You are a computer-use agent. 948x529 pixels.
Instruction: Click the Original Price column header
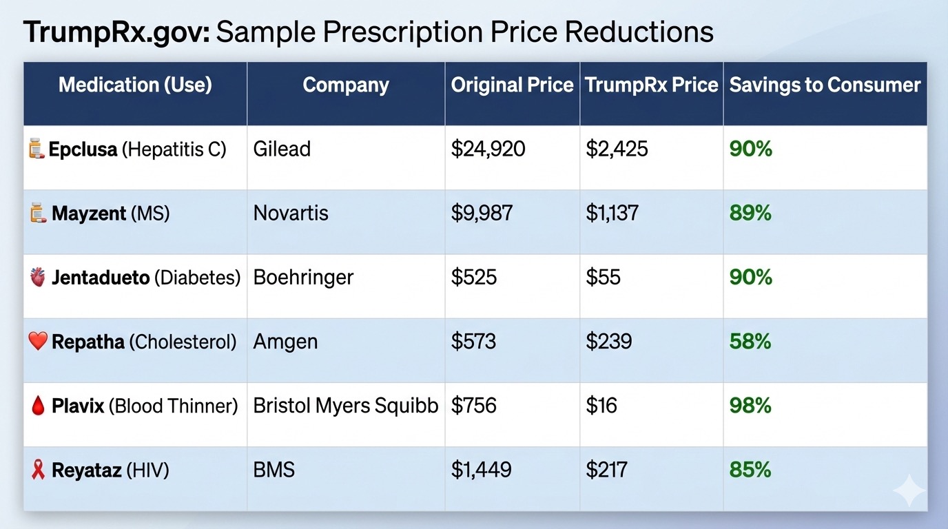tap(512, 85)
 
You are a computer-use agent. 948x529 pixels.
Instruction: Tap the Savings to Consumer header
tap(825, 85)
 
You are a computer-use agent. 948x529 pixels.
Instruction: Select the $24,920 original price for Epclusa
tap(488, 149)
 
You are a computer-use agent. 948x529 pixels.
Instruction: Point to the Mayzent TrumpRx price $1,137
tap(612, 213)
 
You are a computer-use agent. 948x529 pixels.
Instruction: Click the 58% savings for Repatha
tap(750, 342)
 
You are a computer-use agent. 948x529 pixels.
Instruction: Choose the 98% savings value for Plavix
tap(750, 406)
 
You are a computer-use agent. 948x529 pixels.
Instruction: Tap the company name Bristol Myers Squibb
tap(346, 406)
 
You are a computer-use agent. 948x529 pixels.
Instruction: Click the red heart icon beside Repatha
tap(38, 341)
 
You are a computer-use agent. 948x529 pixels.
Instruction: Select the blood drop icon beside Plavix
tap(38, 406)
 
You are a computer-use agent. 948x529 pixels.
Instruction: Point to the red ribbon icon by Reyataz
tap(38, 470)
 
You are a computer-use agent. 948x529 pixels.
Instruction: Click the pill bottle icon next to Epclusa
tap(37, 149)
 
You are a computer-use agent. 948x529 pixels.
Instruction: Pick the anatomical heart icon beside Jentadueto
tap(38, 277)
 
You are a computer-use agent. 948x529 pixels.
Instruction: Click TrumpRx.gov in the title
tap(116, 32)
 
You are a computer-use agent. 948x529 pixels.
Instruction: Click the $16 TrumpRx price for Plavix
tap(601, 406)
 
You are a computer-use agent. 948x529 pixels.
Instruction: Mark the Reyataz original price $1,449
tap(481, 470)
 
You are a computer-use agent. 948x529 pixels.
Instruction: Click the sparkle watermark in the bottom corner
tap(909, 490)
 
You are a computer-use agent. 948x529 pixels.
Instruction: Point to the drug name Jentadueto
tap(101, 278)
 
